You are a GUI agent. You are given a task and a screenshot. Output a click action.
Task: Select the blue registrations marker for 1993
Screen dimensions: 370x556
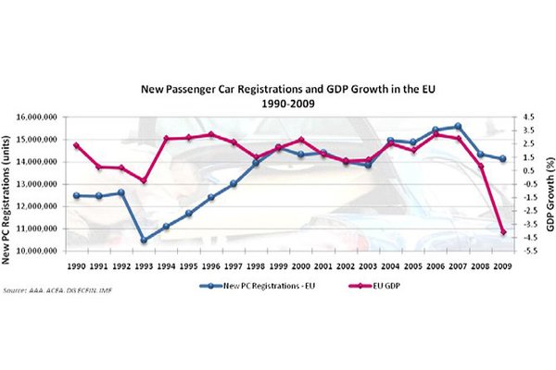pos(144,240)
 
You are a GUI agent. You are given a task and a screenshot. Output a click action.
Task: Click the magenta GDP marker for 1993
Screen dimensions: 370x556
pos(144,180)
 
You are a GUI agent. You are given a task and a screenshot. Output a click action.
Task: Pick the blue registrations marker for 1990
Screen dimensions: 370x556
pos(76,195)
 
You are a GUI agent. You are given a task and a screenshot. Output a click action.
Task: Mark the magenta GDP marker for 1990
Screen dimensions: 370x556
pos(76,145)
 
